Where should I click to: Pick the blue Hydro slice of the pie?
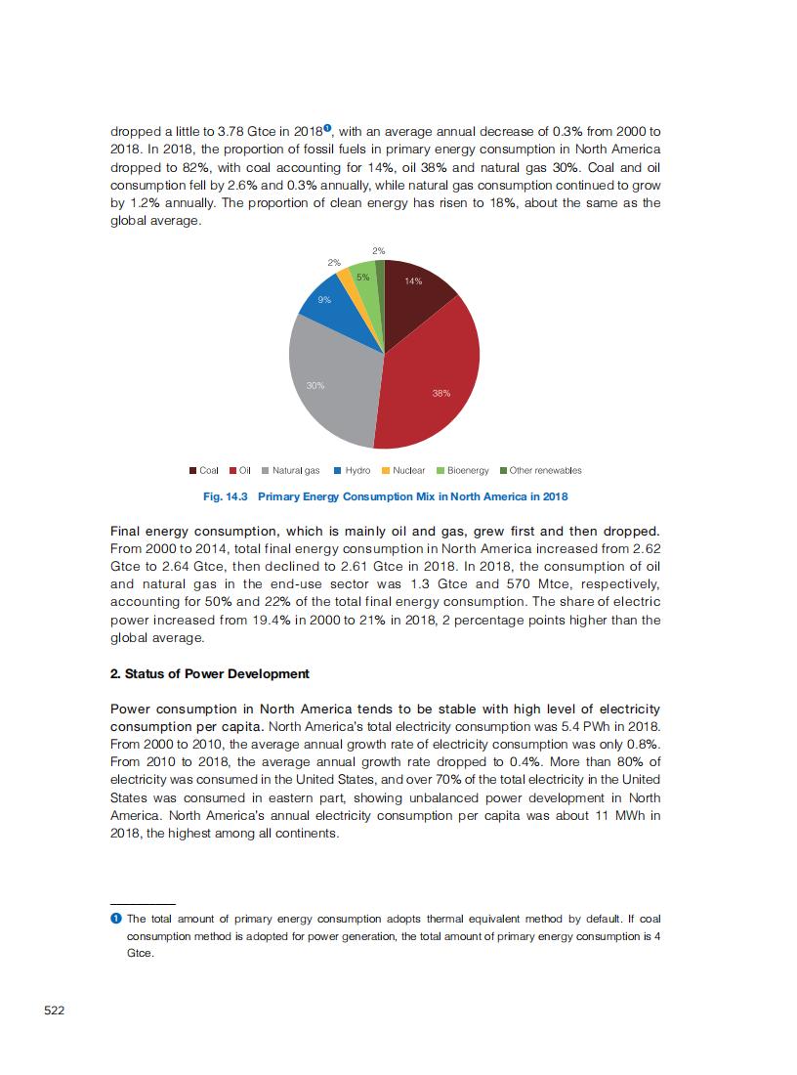click(x=331, y=311)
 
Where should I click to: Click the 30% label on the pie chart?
click(x=315, y=386)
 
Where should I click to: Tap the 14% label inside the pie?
click(x=413, y=281)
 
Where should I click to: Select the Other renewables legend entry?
click(x=540, y=470)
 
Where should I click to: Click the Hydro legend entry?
click(x=352, y=470)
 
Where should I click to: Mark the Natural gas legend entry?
click(x=290, y=470)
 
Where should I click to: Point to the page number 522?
click(x=55, y=1010)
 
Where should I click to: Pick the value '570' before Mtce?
click(x=516, y=584)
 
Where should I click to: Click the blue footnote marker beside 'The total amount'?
click(x=116, y=919)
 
